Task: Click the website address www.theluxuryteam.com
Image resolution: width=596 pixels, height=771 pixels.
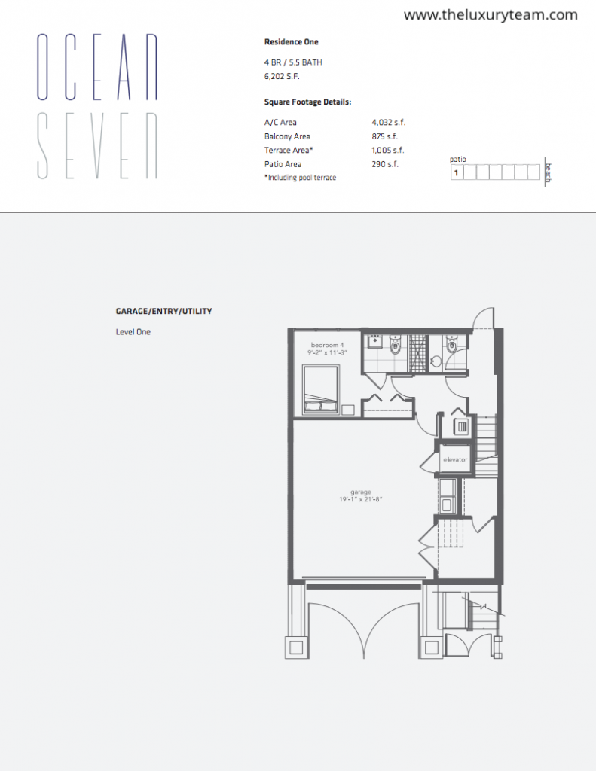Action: [491, 15]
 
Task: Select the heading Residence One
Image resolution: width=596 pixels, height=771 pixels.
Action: [292, 42]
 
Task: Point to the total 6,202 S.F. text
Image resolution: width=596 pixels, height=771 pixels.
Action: [282, 76]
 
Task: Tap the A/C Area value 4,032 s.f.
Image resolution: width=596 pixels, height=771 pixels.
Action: [388, 123]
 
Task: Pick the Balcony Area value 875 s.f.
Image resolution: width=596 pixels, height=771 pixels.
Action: [384, 136]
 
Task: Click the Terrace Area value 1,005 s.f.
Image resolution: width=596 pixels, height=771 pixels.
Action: [388, 150]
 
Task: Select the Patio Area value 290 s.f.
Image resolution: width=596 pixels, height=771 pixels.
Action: [385, 164]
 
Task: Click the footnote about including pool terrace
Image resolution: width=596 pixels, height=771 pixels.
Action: [300, 178]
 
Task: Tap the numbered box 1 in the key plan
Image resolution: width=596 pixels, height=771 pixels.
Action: [457, 172]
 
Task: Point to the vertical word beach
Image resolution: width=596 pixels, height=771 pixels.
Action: [549, 172]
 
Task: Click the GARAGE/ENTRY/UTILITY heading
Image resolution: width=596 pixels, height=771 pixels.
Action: [164, 311]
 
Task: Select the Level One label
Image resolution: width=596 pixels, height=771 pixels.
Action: [133, 332]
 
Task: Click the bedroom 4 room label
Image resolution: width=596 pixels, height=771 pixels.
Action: [327, 345]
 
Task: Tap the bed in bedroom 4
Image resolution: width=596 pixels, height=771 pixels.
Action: [321, 389]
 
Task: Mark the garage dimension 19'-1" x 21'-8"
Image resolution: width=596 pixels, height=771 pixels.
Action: [361, 500]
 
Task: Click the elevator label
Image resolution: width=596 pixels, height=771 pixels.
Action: [455, 460]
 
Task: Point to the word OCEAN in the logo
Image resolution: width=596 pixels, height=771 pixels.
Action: [97, 67]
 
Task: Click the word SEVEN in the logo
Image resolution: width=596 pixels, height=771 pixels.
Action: [97, 145]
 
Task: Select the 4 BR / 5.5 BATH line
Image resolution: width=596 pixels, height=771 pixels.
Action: [293, 62]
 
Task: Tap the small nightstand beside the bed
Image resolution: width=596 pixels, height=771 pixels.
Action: [348, 410]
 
